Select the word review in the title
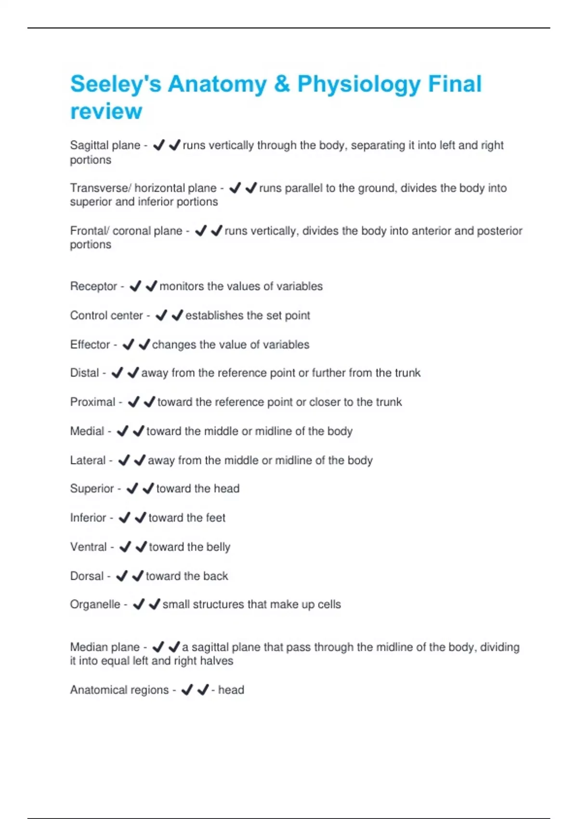coord(106,111)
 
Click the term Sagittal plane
coord(105,145)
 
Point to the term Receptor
coord(93,286)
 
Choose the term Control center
coord(106,316)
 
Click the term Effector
coord(90,344)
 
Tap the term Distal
coord(84,373)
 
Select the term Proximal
coord(92,402)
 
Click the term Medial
coord(87,431)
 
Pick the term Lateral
coord(88,460)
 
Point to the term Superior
coord(92,489)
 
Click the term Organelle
coord(95,604)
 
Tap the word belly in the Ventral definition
coord(218,547)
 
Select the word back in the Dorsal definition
coord(215,576)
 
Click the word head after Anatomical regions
coord(231,690)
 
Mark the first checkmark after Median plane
coord(158,647)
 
